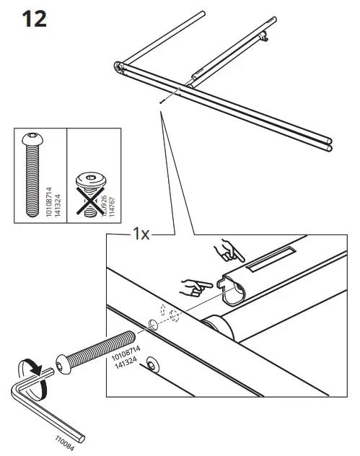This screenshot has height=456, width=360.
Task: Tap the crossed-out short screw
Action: click(87, 193)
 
